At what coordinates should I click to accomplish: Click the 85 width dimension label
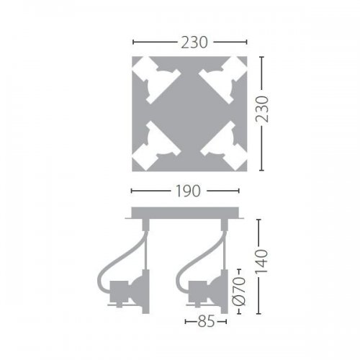point(206,322)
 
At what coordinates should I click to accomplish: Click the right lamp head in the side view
point(205,292)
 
